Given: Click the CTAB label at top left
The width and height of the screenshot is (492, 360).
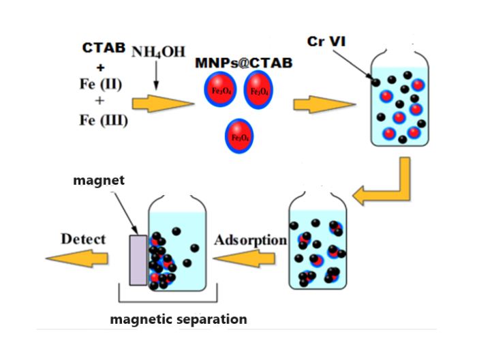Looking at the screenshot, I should (x=104, y=48).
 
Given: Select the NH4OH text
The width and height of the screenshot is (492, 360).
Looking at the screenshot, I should (x=158, y=52).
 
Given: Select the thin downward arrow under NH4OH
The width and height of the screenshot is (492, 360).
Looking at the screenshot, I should (x=157, y=76).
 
